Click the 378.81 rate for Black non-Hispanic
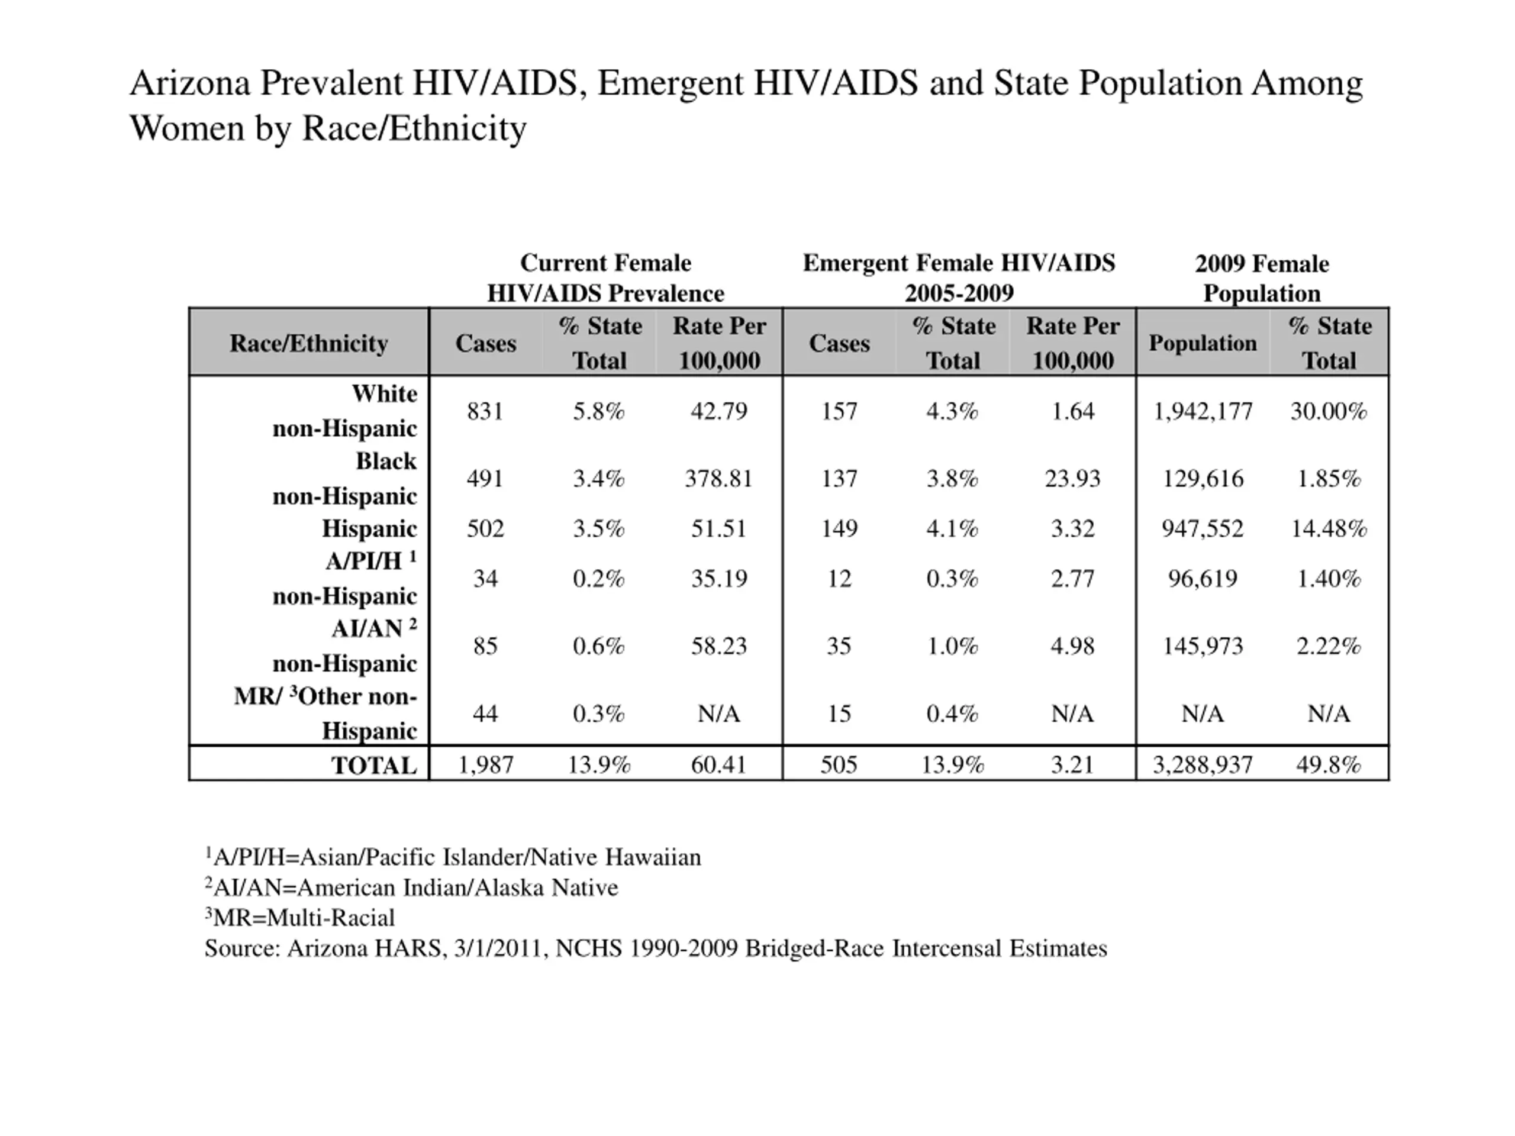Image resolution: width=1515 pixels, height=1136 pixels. (718, 479)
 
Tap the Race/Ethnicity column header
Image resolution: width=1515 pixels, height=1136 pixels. (309, 343)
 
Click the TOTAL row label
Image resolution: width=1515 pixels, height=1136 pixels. (374, 765)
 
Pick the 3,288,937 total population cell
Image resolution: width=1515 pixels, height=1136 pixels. (1203, 765)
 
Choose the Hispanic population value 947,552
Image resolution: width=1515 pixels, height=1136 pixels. (1203, 528)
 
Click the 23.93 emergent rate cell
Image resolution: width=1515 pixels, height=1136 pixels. (1072, 479)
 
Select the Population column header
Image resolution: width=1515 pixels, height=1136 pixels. (1203, 343)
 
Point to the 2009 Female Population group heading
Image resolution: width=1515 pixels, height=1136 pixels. (1262, 278)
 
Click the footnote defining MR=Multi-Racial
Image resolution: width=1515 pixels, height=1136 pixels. (300, 918)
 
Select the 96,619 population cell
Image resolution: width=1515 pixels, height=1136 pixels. (1203, 579)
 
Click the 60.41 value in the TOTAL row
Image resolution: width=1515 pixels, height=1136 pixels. (718, 765)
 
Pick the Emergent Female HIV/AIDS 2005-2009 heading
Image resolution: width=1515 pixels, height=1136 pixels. (959, 278)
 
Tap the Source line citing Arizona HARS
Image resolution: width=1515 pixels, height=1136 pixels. (656, 948)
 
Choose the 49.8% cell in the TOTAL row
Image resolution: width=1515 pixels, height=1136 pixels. (1329, 765)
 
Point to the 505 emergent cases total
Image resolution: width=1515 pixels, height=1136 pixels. (839, 765)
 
